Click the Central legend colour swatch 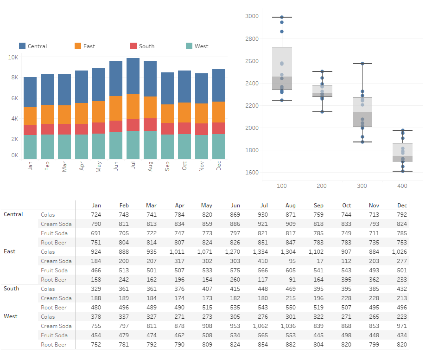pyautogui.click(x=22, y=46)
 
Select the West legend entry pyautogui.click(x=201, y=46)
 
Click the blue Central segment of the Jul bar pyautogui.click(x=133, y=76)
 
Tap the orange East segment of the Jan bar pyautogui.click(x=30, y=116)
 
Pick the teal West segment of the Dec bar pyautogui.click(x=219, y=147)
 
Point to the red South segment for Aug pyautogui.click(x=150, y=124)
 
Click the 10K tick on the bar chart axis pyautogui.click(x=13, y=57)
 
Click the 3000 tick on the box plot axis pyautogui.click(x=252, y=16)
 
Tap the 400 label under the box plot pyautogui.click(x=402, y=186)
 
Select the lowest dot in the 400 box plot pyautogui.click(x=402, y=171)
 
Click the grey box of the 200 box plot pyautogui.click(x=322, y=90)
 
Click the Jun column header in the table pyautogui.click(x=235, y=205)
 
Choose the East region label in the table pyautogui.click(x=10, y=251)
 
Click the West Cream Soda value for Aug pyautogui.click(x=288, y=326)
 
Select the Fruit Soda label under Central pyautogui.click(x=54, y=233)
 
